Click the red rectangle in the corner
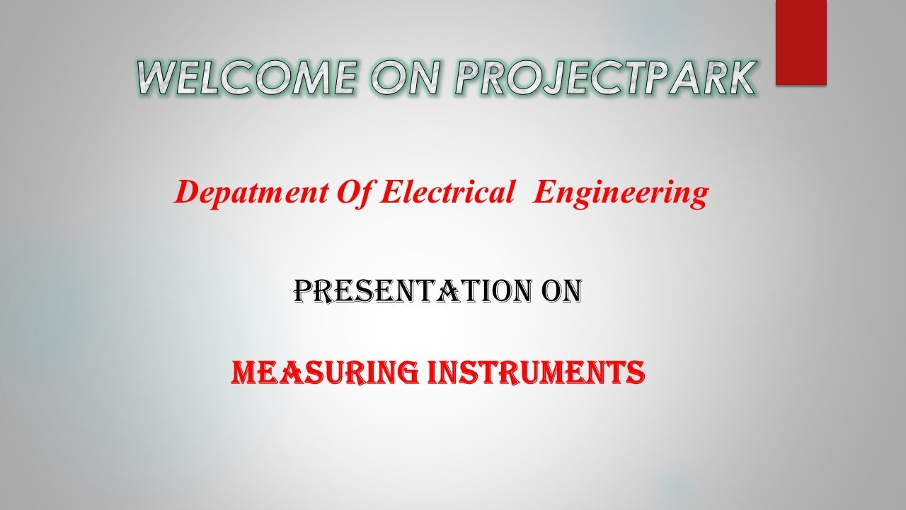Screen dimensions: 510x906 tap(801, 42)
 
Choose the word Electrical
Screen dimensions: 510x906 tap(447, 193)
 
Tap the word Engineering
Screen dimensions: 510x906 tap(620, 193)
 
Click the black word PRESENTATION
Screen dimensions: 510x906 tap(410, 291)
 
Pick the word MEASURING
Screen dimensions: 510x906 tap(324, 372)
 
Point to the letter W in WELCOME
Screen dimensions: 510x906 tap(156, 77)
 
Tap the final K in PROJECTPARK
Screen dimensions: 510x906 tap(736, 77)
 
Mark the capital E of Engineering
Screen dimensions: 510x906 tap(544, 193)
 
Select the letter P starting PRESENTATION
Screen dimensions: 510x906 tap(304, 291)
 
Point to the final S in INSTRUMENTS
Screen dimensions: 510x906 tap(636, 372)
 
